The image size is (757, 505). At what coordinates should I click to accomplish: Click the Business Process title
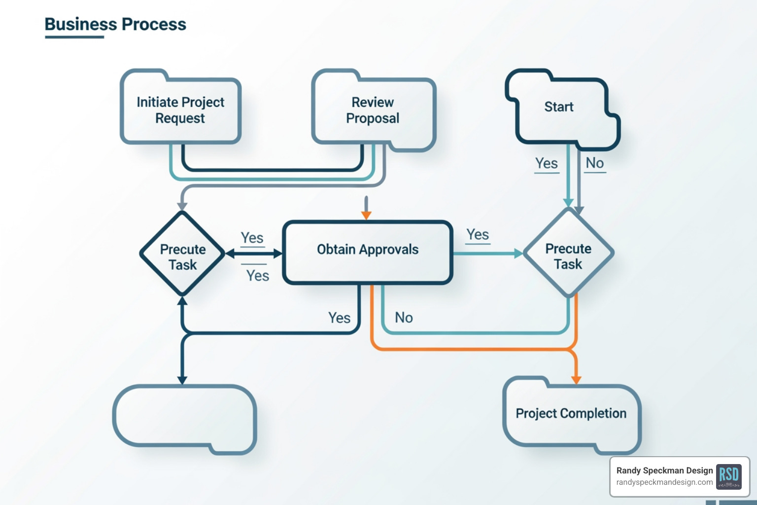click(x=115, y=24)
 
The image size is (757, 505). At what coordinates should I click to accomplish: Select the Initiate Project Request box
click(x=180, y=110)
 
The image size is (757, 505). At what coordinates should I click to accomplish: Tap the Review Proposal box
click(x=373, y=110)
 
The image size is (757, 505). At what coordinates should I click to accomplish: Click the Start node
click(x=559, y=107)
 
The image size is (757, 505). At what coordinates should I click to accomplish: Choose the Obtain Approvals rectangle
click(x=368, y=250)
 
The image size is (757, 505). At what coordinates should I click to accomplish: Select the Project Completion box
click(x=571, y=413)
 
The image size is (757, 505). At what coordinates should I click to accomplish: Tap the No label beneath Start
click(x=595, y=163)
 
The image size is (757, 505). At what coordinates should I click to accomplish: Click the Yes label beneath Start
click(x=547, y=163)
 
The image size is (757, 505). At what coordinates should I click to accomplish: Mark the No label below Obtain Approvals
click(x=404, y=318)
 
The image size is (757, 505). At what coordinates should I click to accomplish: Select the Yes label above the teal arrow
click(x=478, y=235)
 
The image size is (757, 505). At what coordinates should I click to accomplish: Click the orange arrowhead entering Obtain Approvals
click(x=366, y=215)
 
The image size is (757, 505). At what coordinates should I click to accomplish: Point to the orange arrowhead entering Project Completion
click(x=576, y=379)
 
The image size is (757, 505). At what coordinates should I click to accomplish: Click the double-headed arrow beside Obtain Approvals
click(x=254, y=254)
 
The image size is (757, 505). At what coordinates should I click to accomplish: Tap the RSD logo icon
click(x=728, y=476)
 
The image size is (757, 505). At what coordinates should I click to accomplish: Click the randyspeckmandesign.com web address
click(x=664, y=482)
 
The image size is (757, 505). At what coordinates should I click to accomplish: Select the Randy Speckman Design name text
click(x=664, y=470)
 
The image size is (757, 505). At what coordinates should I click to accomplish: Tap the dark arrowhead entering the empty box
click(x=182, y=380)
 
